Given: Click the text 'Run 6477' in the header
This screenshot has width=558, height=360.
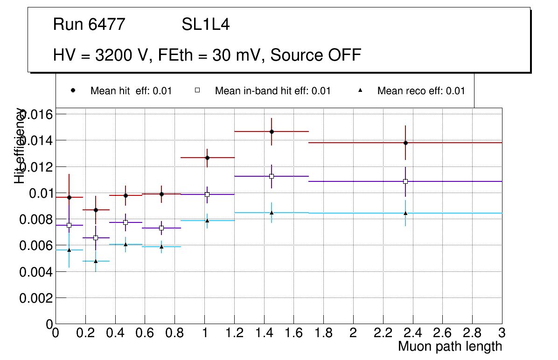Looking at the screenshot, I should pos(89,25).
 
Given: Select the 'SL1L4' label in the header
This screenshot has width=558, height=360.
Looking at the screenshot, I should pos(206,25).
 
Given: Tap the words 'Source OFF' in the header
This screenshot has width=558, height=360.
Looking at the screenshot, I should pos(316,55).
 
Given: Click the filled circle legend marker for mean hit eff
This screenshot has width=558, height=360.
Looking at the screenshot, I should pos(73,90).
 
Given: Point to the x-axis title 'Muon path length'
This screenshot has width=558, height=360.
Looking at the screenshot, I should pos(450,346).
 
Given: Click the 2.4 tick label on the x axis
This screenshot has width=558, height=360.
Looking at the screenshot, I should pos(412,333).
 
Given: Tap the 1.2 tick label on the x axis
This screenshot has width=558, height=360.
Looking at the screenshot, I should pos(234,333).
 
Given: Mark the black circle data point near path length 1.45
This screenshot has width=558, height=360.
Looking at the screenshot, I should pos(272,132).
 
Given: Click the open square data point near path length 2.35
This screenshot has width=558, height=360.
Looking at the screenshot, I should pos(405,181).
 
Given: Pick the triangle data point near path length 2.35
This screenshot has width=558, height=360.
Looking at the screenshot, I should pos(405,213).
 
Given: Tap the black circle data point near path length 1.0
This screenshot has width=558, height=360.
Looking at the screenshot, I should pos(207,158).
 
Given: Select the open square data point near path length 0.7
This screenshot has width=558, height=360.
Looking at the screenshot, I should pos(161,228).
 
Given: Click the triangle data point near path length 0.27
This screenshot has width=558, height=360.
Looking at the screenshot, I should pos(96,261).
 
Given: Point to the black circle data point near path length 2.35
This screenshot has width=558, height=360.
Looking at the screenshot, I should pos(405,143).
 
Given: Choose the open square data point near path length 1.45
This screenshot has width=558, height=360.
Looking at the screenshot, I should pos(272,176).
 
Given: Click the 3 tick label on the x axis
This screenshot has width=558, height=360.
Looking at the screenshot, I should pos(502,333).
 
